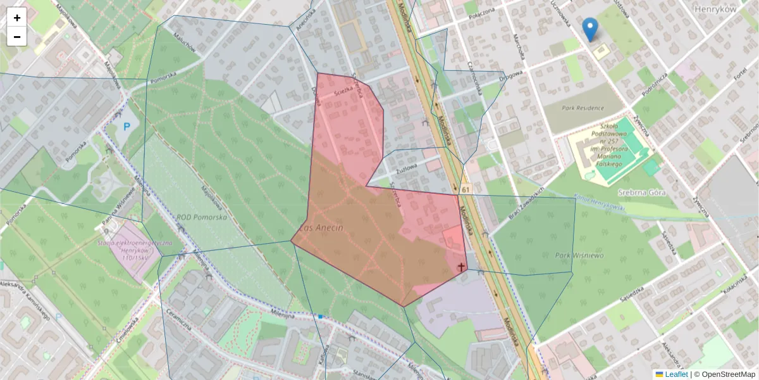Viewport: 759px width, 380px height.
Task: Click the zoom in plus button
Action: [x=17, y=18]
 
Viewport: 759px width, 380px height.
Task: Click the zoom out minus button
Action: [x=17, y=37]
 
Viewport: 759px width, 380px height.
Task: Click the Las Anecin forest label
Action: [x=322, y=227]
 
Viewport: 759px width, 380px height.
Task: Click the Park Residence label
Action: [x=582, y=108]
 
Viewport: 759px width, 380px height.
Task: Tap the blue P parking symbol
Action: [x=126, y=127]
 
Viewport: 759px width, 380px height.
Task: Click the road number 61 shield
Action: [x=466, y=189]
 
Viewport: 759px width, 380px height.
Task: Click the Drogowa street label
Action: [x=510, y=76]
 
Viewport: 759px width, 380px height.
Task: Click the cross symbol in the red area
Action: [x=461, y=267]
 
